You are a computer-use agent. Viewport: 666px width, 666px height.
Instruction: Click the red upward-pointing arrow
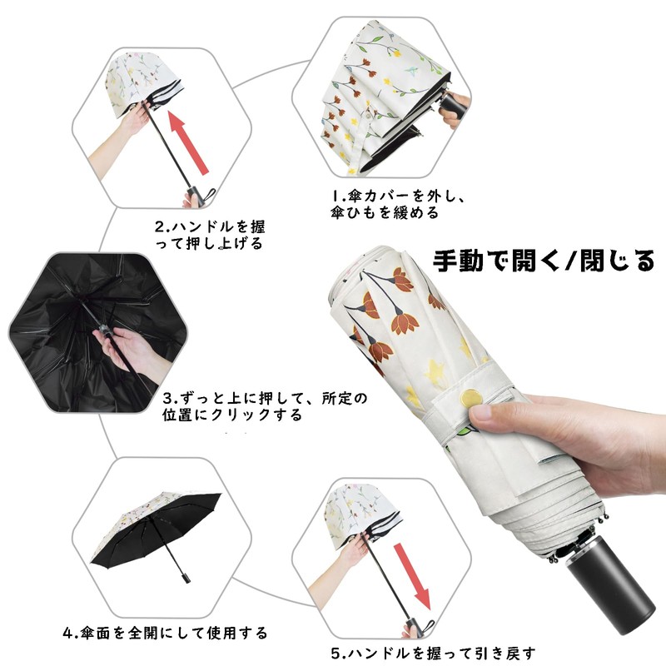tap(191, 140)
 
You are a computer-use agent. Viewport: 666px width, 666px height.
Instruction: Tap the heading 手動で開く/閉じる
tap(544, 261)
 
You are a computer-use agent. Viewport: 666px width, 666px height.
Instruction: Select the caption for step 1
tap(397, 205)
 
